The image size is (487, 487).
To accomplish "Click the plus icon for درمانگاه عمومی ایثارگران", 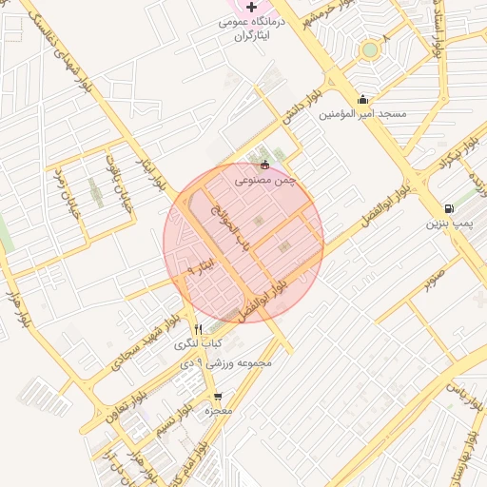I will click(251, 8).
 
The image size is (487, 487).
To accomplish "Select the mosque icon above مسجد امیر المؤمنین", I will click(362, 99).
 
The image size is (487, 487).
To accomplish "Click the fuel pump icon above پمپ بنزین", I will click(448, 209).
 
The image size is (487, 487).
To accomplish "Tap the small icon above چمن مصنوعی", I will click(264, 165).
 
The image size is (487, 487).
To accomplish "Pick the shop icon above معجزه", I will click(218, 397).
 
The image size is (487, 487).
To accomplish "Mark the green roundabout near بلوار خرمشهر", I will click(369, 49).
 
